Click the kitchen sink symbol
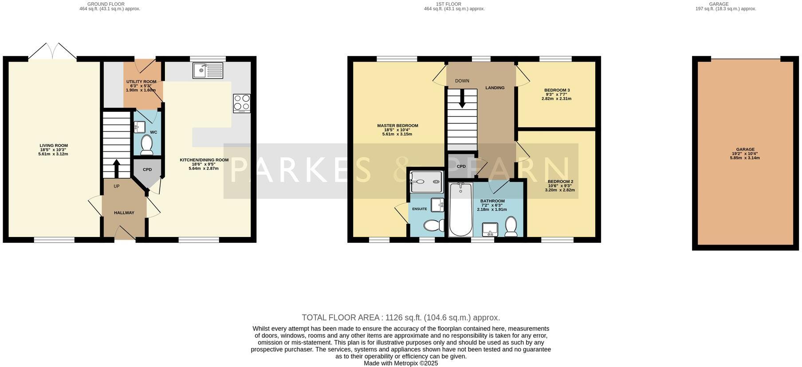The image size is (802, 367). [208, 71]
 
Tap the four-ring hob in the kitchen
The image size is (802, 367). [241, 103]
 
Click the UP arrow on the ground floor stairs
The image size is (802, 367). [117, 168]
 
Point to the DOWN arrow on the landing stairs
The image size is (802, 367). [462, 99]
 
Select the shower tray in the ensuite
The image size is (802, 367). [426, 182]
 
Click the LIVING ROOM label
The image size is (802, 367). [54, 146]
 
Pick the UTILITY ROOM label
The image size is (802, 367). [141, 82]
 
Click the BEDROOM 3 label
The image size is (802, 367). [557, 90]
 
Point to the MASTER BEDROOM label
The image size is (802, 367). [397, 126]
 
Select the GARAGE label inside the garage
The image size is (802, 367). [745, 150]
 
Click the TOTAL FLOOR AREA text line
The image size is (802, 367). [401, 317]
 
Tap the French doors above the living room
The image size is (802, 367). [52, 51]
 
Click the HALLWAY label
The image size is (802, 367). [124, 213]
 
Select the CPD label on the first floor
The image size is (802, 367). [461, 166]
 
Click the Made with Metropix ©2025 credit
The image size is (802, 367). [401, 363]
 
